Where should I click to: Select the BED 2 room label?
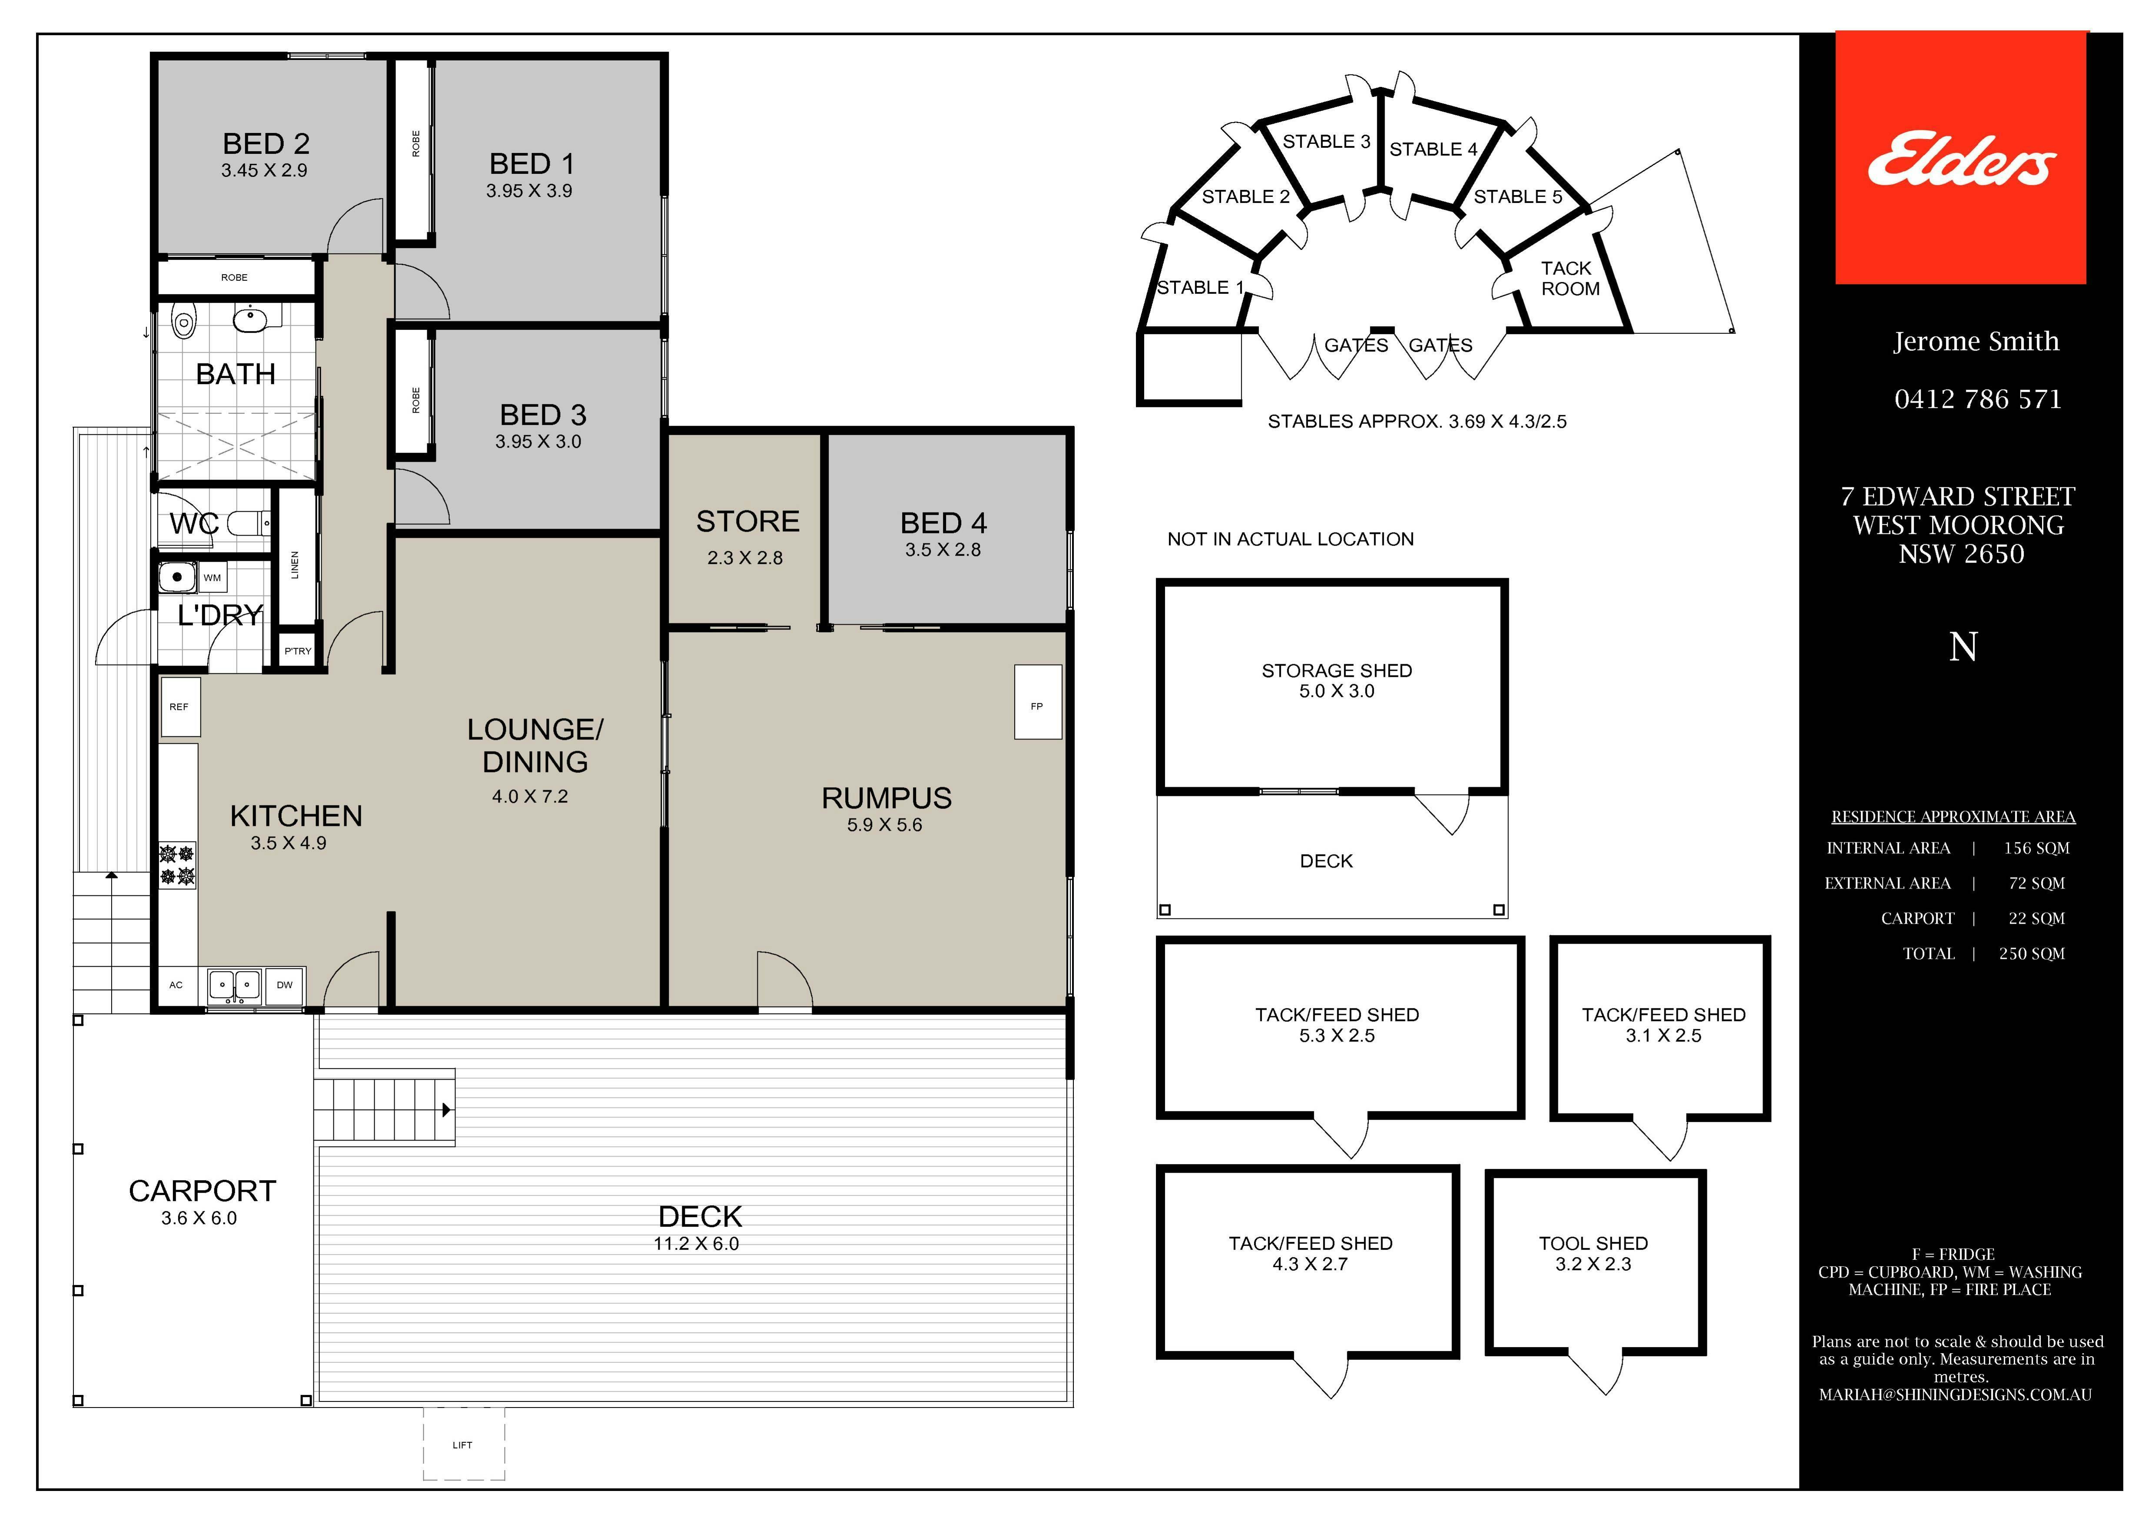point(266,144)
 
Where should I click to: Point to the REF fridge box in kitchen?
point(179,706)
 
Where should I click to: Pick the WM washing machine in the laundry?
point(212,578)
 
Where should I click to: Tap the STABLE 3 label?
point(1326,142)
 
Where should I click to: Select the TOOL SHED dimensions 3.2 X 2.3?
point(1593,1264)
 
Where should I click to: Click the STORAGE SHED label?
point(1337,670)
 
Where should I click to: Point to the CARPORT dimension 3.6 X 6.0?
point(199,1218)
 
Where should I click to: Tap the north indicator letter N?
point(1962,647)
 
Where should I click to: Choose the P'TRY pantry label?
point(298,651)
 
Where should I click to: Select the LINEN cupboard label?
point(295,564)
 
